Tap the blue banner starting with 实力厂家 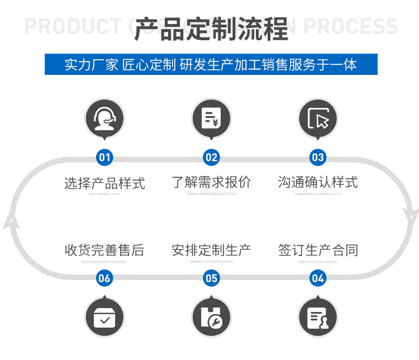(x=211, y=64)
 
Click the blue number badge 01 (x=104, y=158)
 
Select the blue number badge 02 (x=211, y=158)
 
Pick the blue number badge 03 (x=318, y=158)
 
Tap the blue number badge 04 (x=318, y=278)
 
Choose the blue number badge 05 (x=211, y=278)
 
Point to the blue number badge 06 (x=104, y=278)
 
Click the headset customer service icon (x=104, y=119)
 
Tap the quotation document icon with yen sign (x=211, y=119)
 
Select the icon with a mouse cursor (x=318, y=119)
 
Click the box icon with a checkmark (x=104, y=318)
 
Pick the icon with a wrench (x=211, y=318)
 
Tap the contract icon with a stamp (x=318, y=318)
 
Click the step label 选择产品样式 (x=104, y=183)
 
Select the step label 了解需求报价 (x=211, y=182)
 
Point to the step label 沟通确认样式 (x=318, y=182)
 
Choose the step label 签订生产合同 (x=318, y=250)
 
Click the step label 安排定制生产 (x=211, y=250)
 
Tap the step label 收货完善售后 (x=104, y=250)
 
